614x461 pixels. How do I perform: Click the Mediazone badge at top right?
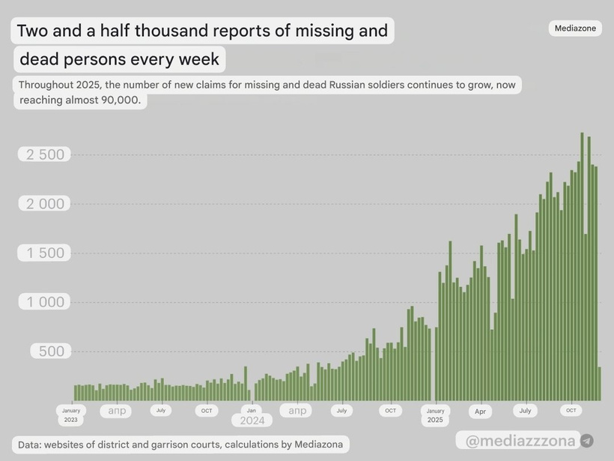click(575, 28)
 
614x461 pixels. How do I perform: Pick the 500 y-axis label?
click(52, 352)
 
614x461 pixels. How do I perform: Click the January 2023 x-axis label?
click(71, 415)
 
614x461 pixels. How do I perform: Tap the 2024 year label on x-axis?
click(252, 421)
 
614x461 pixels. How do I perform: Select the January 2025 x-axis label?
click(435, 415)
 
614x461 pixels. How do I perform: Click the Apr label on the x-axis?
click(480, 412)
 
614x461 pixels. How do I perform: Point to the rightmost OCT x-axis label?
click(571, 410)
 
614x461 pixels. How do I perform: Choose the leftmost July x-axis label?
click(160, 410)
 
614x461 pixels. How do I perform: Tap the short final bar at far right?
click(600, 383)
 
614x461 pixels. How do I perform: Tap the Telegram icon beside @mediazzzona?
click(587, 441)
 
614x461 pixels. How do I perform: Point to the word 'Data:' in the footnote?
click(29, 445)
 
